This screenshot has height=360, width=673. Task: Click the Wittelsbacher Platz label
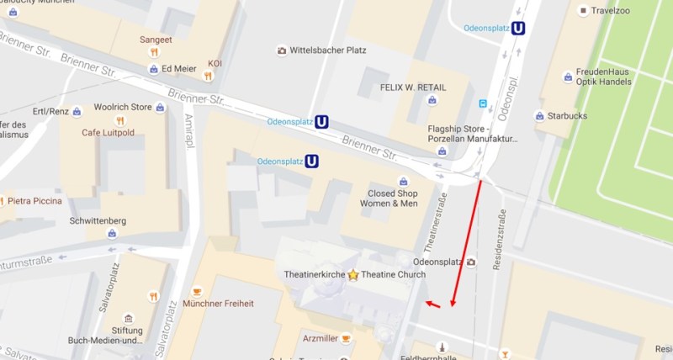[327, 50]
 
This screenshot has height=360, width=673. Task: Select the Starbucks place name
[567, 115]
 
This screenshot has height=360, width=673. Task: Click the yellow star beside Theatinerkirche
[353, 274]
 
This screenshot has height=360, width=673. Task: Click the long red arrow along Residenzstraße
[467, 244]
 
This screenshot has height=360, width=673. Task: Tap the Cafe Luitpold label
[109, 132]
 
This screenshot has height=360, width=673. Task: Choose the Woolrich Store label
[122, 107]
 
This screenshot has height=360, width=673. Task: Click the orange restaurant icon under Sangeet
[154, 52]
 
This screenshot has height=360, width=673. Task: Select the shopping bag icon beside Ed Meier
[153, 69]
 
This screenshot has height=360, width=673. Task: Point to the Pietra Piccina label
[38, 201]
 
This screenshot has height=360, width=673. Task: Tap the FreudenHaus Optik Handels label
[602, 77]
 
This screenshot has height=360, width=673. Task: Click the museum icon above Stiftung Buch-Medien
[128, 319]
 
